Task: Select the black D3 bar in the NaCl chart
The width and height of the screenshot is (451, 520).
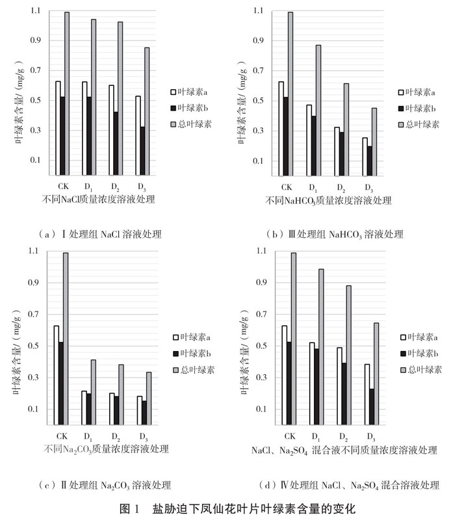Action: (x=142, y=151)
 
